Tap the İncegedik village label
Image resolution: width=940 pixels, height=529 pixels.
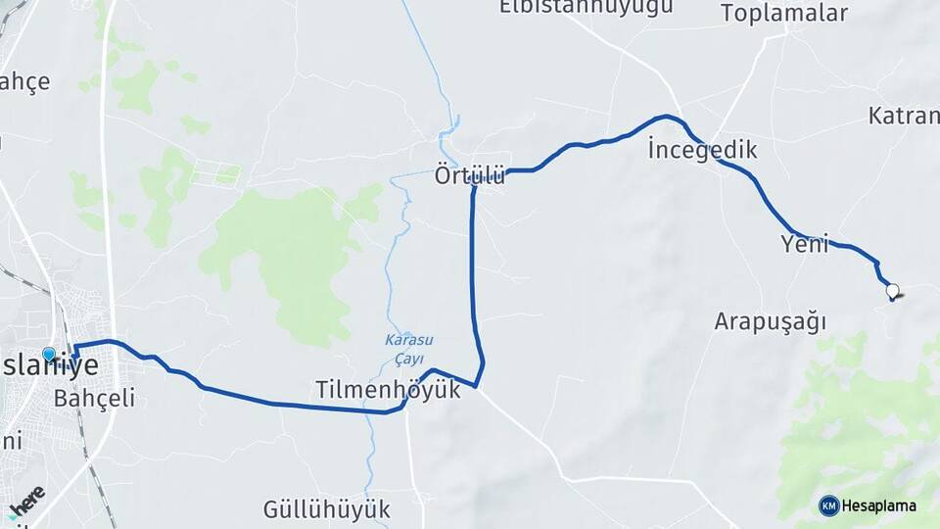[702, 150]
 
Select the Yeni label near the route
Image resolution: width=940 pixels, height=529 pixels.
[805, 243]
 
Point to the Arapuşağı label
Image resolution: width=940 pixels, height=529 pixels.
[771, 321]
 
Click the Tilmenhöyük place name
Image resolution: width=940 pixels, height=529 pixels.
[388, 389]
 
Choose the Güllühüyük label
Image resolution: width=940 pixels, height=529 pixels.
[326, 509]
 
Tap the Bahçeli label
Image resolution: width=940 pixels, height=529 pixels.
[94, 398]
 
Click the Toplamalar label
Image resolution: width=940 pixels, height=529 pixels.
[783, 13]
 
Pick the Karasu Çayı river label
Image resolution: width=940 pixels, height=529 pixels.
[408, 348]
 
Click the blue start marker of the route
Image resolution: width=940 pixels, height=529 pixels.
[49, 355]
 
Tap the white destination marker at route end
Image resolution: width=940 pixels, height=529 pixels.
[892, 290]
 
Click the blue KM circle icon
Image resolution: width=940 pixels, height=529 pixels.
[828, 505]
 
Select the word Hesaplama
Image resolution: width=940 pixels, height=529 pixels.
[878, 505]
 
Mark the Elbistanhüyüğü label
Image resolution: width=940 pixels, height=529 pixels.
[586, 7]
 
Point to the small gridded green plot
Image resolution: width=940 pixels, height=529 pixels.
[215, 173]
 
